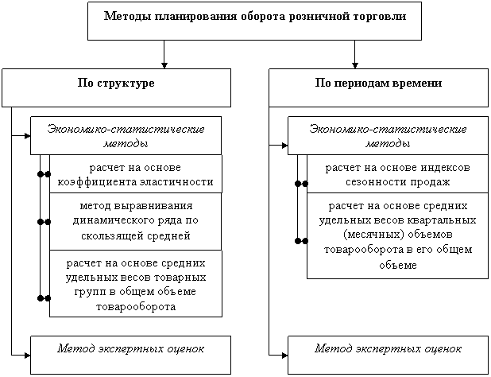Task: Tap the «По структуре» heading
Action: [116, 84]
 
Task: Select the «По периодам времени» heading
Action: [378, 83]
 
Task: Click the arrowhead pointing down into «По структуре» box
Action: [164, 65]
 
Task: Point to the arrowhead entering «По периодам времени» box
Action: [355, 65]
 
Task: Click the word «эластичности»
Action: [176, 182]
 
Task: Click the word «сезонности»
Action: [372, 182]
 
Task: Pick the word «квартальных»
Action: [442, 220]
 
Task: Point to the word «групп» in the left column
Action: [90, 293]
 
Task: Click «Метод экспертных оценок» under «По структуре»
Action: [130, 349]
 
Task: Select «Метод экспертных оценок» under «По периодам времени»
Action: [388, 349]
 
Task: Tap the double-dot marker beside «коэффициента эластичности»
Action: [44, 174]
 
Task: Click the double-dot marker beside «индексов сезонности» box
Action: [302, 184]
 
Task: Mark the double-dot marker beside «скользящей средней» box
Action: [44, 222]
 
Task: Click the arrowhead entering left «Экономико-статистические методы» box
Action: [28, 136]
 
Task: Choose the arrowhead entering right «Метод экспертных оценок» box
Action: [285, 356]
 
